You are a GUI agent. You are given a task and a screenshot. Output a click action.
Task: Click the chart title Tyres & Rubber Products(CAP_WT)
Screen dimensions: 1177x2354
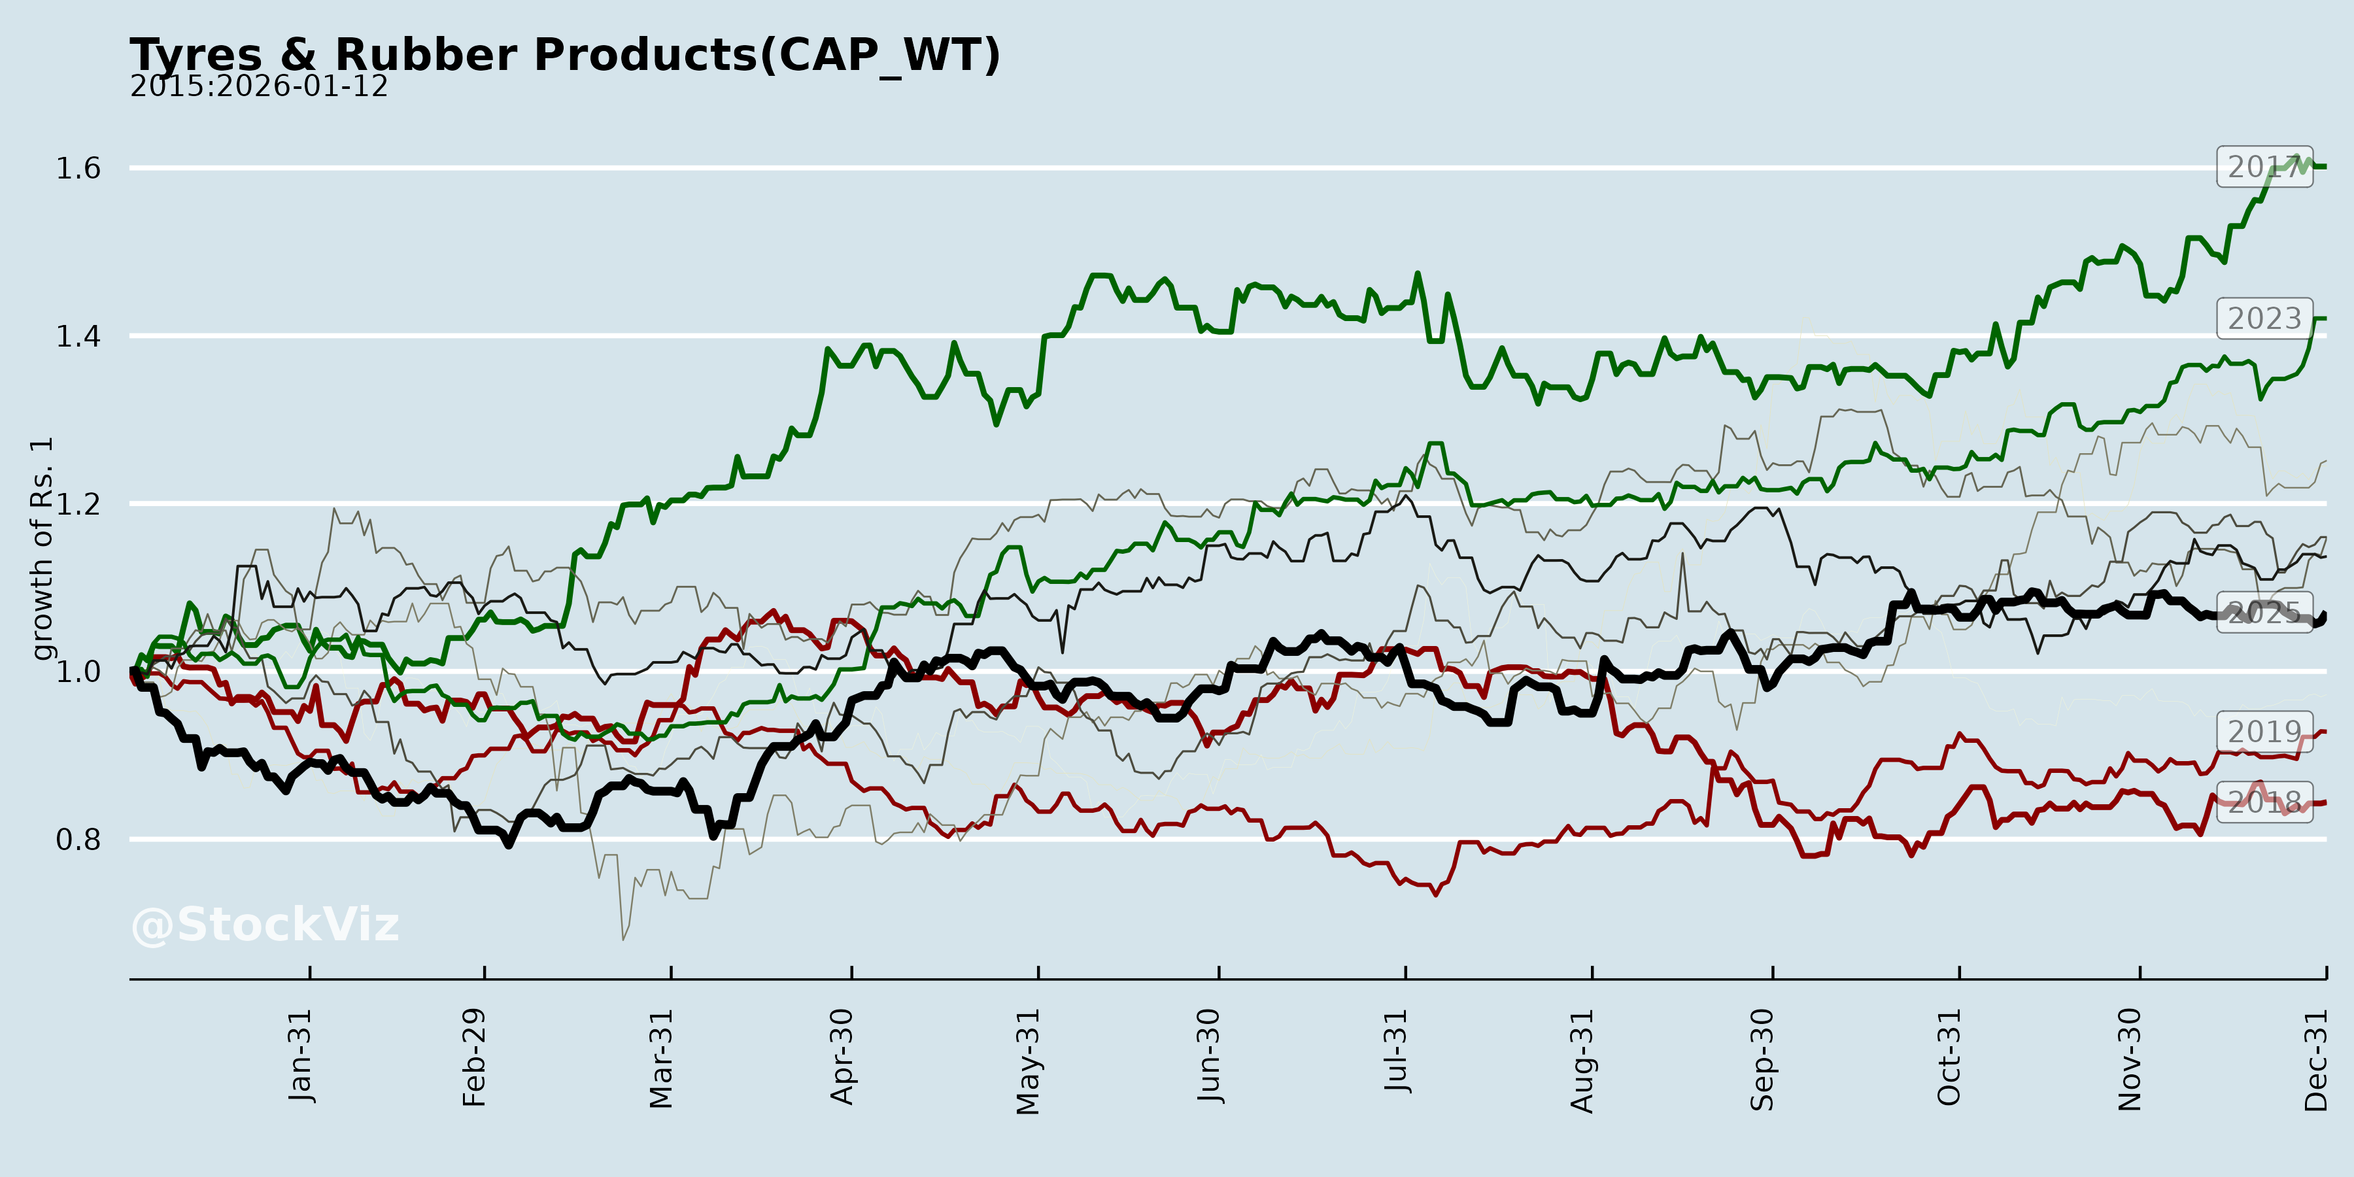point(565,55)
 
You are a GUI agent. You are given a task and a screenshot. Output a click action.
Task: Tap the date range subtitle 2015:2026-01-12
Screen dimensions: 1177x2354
point(258,87)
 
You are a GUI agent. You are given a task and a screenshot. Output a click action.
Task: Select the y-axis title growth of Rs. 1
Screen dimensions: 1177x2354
point(42,549)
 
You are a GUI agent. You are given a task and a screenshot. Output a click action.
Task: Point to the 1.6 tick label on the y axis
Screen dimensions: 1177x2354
point(78,168)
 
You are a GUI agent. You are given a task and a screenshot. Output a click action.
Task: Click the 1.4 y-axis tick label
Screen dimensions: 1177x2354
point(78,336)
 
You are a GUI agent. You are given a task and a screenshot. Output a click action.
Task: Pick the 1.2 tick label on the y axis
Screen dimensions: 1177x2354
point(78,503)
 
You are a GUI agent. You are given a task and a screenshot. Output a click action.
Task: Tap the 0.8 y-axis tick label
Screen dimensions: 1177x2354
point(78,839)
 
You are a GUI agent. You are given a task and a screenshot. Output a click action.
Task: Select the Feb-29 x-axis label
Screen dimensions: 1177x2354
point(474,1057)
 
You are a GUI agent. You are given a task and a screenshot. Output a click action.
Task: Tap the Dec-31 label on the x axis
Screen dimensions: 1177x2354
point(2315,1059)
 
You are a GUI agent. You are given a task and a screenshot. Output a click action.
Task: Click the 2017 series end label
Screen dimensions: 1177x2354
point(2264,167)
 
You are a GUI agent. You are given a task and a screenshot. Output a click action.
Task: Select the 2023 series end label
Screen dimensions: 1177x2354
point(2264,319)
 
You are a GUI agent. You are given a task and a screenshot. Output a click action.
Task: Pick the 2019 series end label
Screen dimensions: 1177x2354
point(2264,732)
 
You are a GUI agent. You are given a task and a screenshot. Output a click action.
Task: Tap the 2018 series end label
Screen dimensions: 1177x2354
point(2264,802)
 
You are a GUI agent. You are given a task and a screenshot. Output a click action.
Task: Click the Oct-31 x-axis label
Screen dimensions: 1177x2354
point(1949,1057)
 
